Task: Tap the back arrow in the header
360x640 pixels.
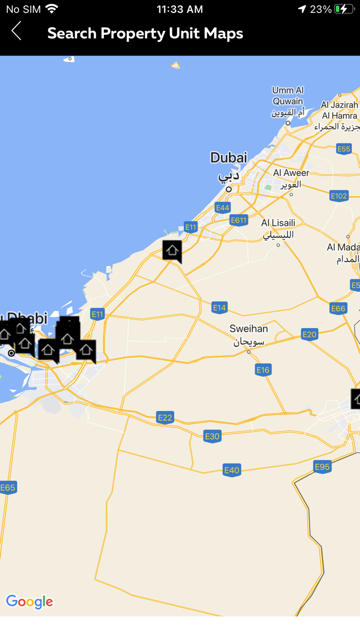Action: (16, 31)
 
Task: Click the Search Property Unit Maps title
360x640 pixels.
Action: (145, 33)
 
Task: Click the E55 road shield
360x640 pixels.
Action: (344, 149)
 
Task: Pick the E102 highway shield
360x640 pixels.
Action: (339, 196)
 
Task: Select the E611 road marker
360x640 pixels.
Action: (239, 220)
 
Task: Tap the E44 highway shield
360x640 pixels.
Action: (223, 208)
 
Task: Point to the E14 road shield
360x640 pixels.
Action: (220, 308)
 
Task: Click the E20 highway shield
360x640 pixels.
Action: (310, 334)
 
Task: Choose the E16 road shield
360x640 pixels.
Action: (263, 370)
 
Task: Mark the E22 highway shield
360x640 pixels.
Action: (165, 418)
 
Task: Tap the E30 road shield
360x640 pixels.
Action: (212, 436)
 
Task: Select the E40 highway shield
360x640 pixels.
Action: (232, 470)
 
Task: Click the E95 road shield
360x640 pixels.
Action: (322, 467)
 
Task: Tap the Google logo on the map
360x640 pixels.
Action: (29, 602)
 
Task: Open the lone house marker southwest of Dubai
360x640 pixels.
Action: (172, 251)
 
